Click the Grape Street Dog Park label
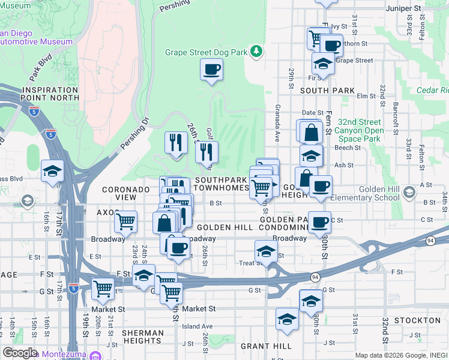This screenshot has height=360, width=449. [x=206, y=52]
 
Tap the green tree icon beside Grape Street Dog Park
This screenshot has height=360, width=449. [x=256, y=52]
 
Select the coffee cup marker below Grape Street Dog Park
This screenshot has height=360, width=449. [x=211, y=71]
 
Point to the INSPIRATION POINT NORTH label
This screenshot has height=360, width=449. [x=50, y=93]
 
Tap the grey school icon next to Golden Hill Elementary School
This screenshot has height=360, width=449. [x=409, y=192]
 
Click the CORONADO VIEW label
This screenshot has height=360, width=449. [x=124, y=193]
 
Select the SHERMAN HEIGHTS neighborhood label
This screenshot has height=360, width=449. [x=142, y=337]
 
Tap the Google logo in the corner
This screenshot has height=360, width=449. [x=20, y=353]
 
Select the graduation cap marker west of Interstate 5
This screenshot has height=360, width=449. [x=52, y=170]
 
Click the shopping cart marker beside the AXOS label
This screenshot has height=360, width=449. [x=126, y=222]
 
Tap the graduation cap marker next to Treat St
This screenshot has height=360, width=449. [x=266, y=251]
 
